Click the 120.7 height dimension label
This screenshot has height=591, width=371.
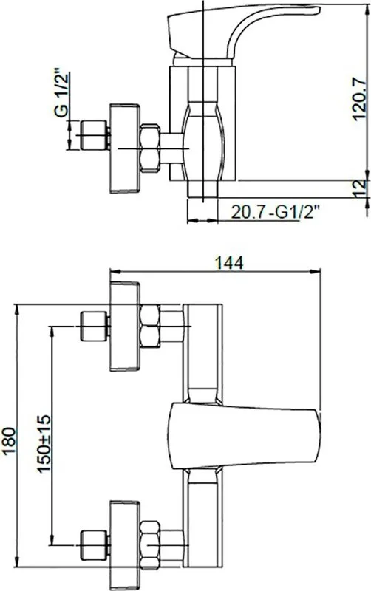[x=359, y=99]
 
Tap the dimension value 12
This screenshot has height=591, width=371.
[x=361, y=188]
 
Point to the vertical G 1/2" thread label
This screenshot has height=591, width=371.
[x=61, y=93]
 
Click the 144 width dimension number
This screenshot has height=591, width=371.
[x=229, y=263]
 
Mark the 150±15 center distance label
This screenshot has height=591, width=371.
[x=44, y=444]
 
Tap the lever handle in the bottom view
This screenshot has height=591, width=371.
[x=245, y=436]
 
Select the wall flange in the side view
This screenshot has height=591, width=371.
[x=125, y=148]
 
